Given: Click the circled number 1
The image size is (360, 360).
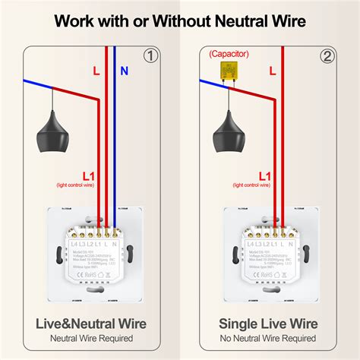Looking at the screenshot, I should [151, 55].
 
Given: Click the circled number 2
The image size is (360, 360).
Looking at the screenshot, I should [327, 55].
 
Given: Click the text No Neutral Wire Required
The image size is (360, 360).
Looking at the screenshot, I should [268, 338].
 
